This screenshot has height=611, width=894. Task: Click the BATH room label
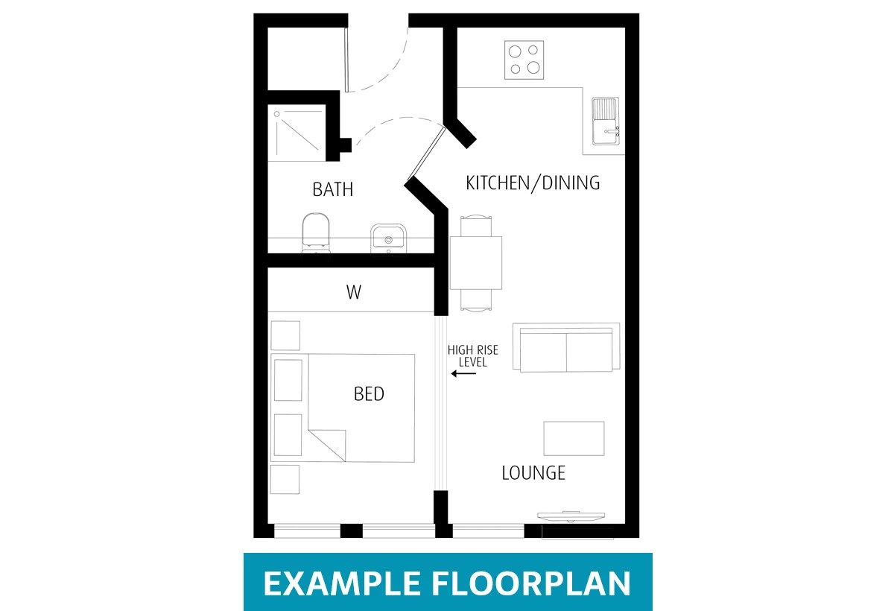[332, 189]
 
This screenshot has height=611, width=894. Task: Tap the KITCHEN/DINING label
[533, 183]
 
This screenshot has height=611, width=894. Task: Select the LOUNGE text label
[533, 472]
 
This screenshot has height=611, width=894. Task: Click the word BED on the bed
[369, 394]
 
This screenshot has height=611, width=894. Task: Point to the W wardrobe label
[353, 293]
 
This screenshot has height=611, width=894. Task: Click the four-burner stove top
[524, 60]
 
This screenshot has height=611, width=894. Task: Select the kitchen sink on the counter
[604, 121]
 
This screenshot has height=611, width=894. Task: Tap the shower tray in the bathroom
[297, 133]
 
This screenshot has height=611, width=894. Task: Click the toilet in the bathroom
[316, 232]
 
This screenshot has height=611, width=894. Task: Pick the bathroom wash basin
[387, 237]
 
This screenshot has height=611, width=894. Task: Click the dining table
[475, 263]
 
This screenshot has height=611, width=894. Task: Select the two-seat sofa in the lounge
[566, 348]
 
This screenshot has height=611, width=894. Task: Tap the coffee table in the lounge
[574, 438]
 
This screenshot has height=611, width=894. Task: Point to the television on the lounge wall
[571, 515]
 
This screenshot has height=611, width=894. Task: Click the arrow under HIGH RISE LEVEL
[463, 374]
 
